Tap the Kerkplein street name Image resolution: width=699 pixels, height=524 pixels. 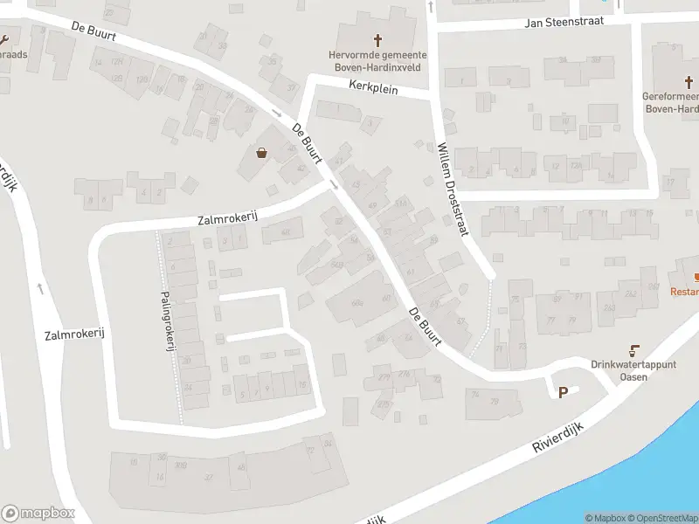(x=373, y=88)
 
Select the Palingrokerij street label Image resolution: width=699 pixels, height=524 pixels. (x=167, y=321)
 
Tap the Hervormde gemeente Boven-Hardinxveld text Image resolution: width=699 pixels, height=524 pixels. (x=378, y=59)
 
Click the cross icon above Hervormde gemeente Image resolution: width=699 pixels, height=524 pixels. (x=378, y=40)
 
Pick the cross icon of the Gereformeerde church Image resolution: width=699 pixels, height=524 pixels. (x=689, y=82)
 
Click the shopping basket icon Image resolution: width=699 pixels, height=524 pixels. (x=261, y=153)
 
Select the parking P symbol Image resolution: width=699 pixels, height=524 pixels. (x=563, y=392)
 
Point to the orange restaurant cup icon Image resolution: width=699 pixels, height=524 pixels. (x=696, y=276)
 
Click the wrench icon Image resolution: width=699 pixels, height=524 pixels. (x=4, y=39)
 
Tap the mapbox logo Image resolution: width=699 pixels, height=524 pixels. (x=38, y=513)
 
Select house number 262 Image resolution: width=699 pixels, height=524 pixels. (x=631, y=293)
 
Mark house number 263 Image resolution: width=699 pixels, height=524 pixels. (x=609, y=307)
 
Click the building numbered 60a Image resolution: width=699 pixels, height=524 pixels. (x=356, y=303)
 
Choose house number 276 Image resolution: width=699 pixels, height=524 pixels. (x=404, y=373)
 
